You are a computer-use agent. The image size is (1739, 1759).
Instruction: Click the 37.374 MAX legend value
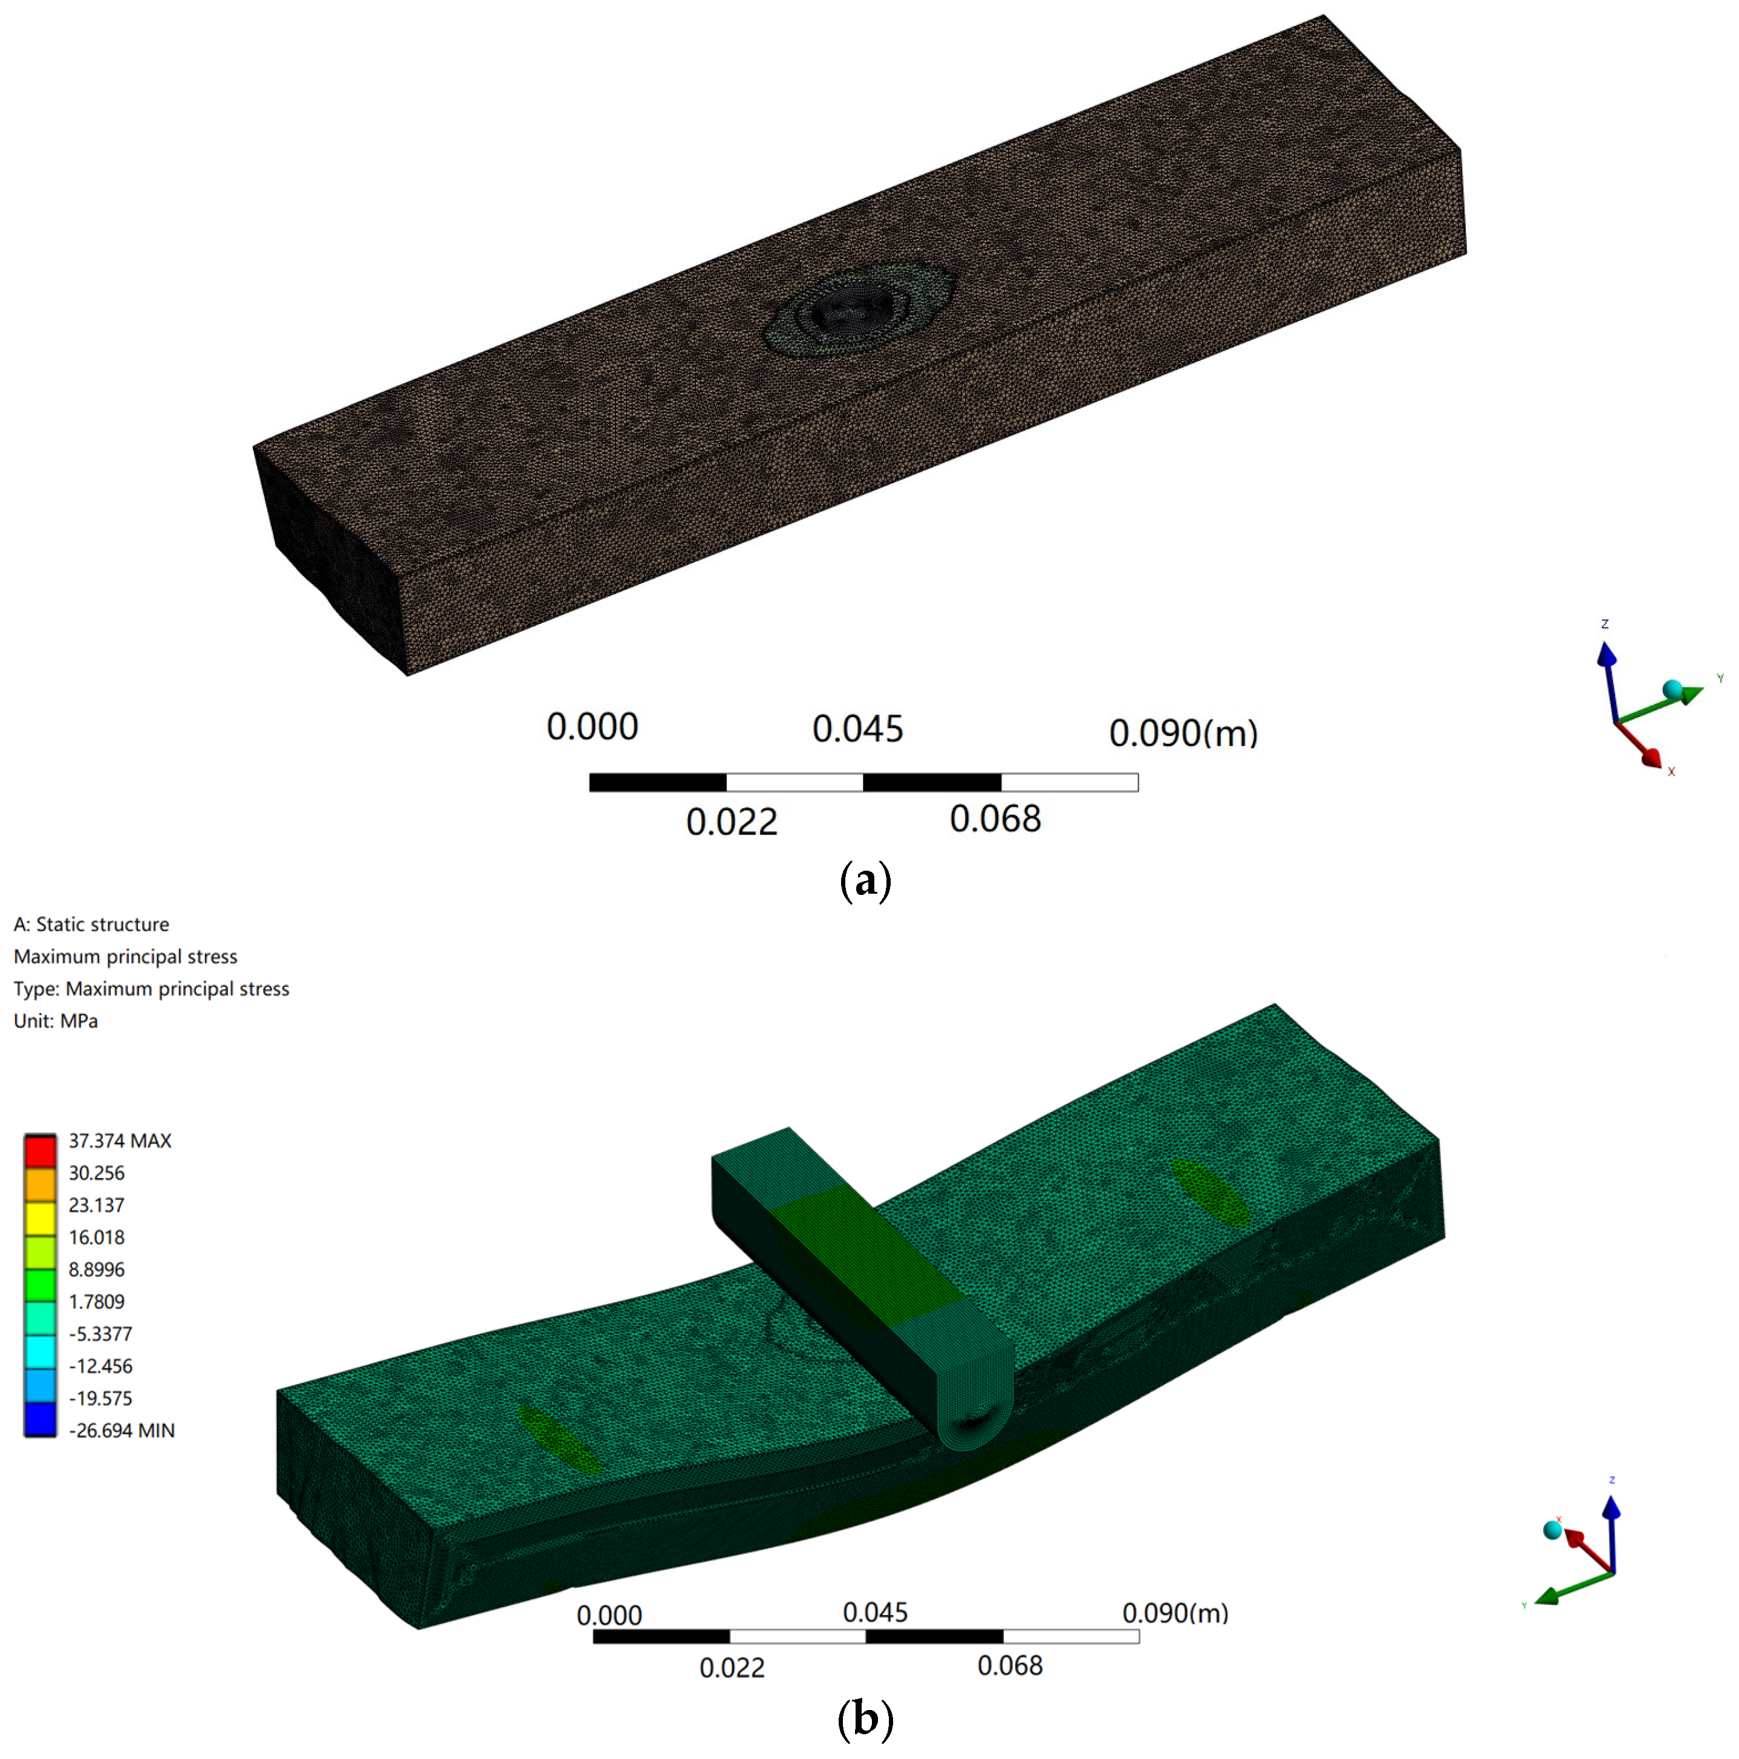tap(119, 1141)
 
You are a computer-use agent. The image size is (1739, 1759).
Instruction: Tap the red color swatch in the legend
tap(40, 1151)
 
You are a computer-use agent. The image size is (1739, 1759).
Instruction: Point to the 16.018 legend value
tap(97, 1237)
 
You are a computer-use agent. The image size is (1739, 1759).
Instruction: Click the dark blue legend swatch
tap(40, 1420)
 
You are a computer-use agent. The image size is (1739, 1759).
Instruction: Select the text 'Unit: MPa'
tap(56, 1021)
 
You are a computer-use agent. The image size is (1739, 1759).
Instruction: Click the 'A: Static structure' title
tap(91, 924)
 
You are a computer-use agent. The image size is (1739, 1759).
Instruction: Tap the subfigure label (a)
tap(865, 880)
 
